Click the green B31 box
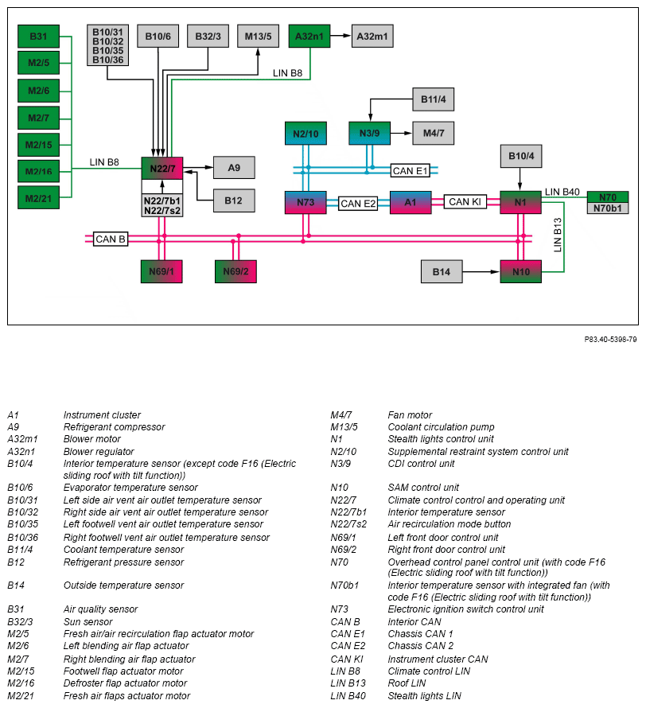click(x=38, y=36)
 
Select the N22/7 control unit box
click(x=162, y=169)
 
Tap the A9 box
click(x=234, y=168)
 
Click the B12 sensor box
click(x=234, y=200)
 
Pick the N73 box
click(x=305, y=202)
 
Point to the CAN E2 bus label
click(x=358, y=204)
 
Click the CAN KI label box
click(x=465, y=202)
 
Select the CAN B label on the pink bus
click(x=111, y=239)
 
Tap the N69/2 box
click(x=235, y=271)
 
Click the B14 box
click(x=442, y=271)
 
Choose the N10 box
click(x=521, y=271)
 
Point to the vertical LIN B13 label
click(x=558, y=235)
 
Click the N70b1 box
click(x=608, y=208)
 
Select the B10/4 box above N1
click(x=521, y=156)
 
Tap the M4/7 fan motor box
click(x=434, y=133)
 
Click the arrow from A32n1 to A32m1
click(x=341, y=36)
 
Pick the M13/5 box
click(x=259, y=36)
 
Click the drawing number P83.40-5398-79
click(x=610, y=340)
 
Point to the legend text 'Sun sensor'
click(x=88, y=622)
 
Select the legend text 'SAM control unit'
click(x=423, y=488)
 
